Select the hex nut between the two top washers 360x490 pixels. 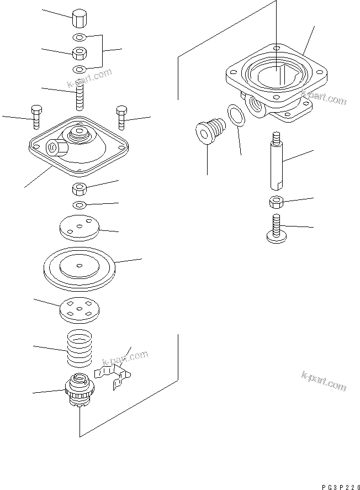click(x=80, y=54)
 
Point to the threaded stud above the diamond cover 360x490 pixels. click(x=80, y=93)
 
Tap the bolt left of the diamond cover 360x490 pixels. click(x=36, y=117)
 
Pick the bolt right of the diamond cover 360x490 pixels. click(x=121, y=117)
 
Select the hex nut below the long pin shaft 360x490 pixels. click(x=277, y=202)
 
